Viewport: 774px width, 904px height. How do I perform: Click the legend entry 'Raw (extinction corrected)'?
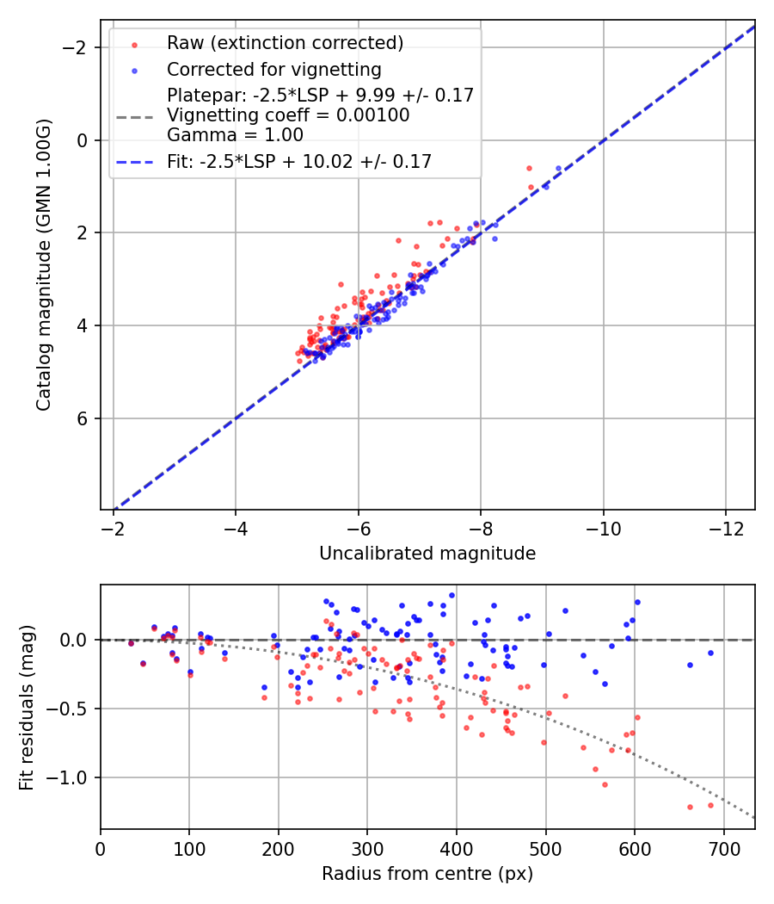click(x=285, y=43)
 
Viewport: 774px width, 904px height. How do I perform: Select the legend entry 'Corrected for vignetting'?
click(x=274, y=69)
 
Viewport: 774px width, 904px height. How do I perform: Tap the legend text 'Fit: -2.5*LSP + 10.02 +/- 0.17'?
click(x=299, y=161)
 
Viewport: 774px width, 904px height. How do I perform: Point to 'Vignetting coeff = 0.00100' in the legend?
click(x=288, y=115)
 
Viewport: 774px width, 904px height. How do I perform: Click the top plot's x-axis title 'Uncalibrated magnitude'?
click(x=427, y=554)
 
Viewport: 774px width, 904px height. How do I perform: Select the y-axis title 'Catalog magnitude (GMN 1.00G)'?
click(x=44, y=264)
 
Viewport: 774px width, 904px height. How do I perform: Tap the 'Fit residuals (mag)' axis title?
click(x=27, y=707)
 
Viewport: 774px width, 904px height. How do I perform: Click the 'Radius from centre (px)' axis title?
click(x=427, y=874)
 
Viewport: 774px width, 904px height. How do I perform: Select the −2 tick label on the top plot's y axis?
click(x=77, y=47)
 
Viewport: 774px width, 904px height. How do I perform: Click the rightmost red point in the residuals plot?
click(x=710, y=805)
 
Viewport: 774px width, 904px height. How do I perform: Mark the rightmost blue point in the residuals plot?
click(x=710, y=653)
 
